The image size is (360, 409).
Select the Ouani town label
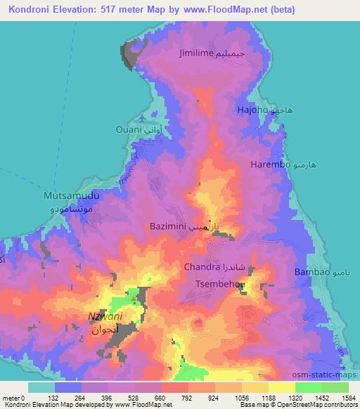click(x=129, y=130)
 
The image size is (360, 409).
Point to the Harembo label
click(x=270, y=164)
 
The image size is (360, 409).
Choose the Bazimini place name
click(x=167, y=227)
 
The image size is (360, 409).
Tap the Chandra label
click(x=202, y=268)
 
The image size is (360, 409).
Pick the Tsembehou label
click(x=219, y=284)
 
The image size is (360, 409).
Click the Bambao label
click(x=311, y=271)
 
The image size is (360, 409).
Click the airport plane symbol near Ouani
click(x=144, y=117)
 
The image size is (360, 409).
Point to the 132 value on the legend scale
click(x=69, y=398)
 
